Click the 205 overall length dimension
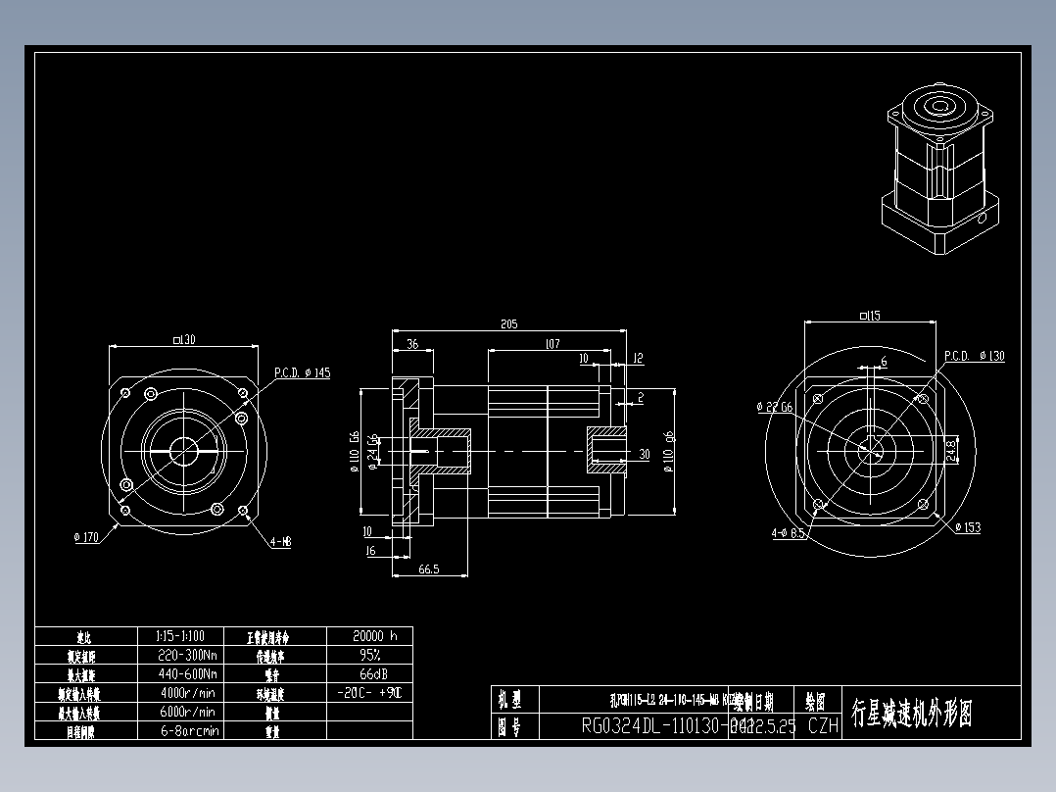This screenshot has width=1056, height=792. point(507,323)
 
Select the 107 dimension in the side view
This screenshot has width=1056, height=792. point(552,344)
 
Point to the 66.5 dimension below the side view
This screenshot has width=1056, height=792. point(428,569)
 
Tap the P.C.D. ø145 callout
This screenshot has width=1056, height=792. point(302,373)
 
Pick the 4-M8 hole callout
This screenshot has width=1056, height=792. point(279,541)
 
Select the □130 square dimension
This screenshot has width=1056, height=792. point(183,340)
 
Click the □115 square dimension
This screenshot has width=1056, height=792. point(868,316)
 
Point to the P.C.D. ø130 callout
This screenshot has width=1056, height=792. point(974,356)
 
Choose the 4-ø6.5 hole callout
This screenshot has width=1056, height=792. point(788,534)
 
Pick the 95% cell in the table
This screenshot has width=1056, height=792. point(369,654)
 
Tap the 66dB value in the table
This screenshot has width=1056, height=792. point(369,673)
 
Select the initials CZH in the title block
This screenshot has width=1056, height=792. point(823,726)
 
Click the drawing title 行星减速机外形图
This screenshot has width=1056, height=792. point(912,713)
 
